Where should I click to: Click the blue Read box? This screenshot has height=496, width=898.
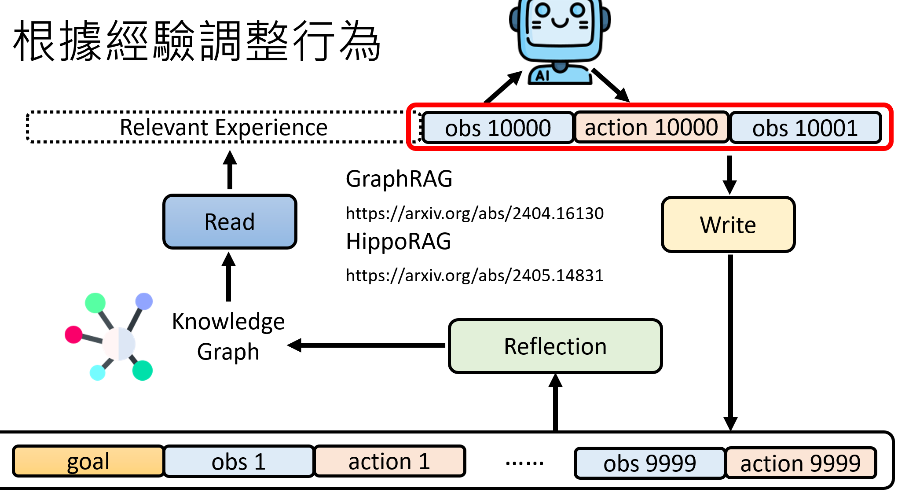click(x=230, y=222)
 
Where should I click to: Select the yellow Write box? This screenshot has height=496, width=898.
click(x=728, y=225)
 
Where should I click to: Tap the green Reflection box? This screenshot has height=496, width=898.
click(x=555, y=346)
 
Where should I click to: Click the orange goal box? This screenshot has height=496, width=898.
click(x=88, y=461)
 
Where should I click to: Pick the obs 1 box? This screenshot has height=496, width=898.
click(x=239, y=461)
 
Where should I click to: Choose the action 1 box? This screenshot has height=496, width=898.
click(x=389, y=461)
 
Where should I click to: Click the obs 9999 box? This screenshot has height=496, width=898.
click(x=649, y=463)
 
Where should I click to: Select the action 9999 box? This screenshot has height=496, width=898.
click(x=800, y=463)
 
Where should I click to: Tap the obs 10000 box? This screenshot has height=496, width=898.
click(x=498, y=128)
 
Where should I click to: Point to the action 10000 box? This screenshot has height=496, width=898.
click(x=651, y=128)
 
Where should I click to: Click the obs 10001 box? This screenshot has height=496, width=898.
click(x=805, y=128)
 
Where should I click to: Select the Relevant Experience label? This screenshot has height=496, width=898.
click(x=224, y=128)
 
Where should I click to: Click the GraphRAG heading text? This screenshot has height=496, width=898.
click(x=399, y=179)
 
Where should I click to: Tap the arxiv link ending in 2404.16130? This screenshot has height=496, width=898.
click(x=474, y=213)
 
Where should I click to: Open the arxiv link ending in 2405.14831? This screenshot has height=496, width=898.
click(x=474, y=276)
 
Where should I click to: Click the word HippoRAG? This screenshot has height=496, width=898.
click(x=398, y=241)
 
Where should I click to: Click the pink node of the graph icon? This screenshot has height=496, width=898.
click(x=73, y=334)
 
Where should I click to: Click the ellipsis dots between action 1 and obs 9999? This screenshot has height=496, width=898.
click(x=524, y=463)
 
